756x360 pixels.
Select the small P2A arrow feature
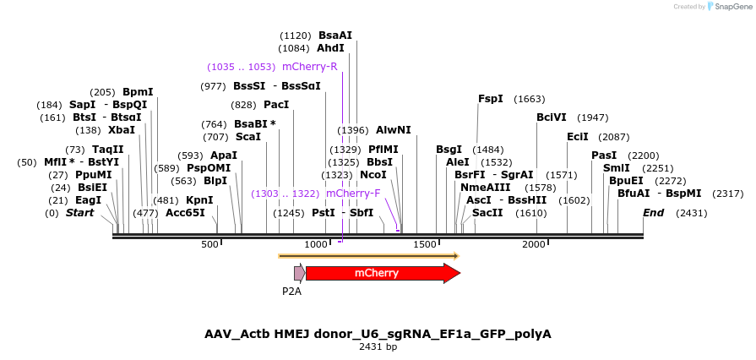pos(299,273)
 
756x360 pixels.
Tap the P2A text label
pos(291,292)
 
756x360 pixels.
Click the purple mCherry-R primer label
pos(310,67)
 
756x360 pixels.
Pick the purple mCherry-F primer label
pos(353,194)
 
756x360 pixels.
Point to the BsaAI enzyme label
pos(335,35)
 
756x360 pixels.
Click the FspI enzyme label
pos(491,99)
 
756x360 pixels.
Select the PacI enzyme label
pos(276,105)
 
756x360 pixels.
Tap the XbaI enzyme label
pos(122,130)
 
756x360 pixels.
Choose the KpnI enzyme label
pos(199,200)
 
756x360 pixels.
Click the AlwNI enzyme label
pos(394,130)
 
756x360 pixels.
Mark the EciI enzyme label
pos(578,137)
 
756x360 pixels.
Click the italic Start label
pos(80,213)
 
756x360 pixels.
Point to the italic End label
pos(654,213)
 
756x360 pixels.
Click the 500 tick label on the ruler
pos(209,244)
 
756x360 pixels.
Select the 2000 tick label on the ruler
pos(534,244)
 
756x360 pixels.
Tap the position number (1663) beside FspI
pos(530,99)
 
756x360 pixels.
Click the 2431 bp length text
pos(378,346)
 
